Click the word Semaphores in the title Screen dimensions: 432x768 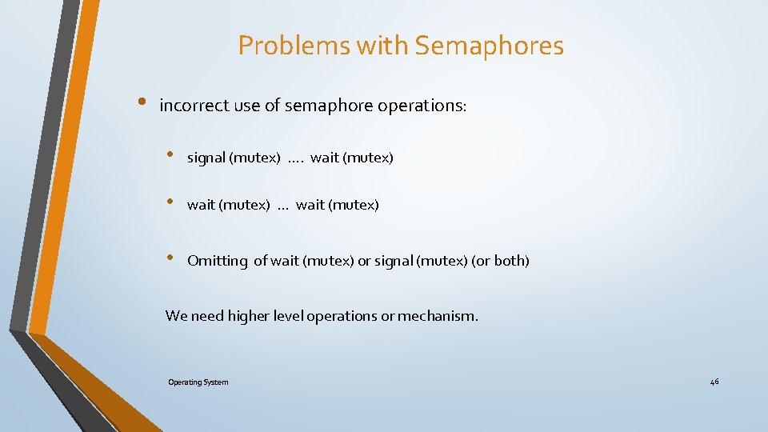[489, 46]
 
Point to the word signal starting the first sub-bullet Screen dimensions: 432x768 [206, 158]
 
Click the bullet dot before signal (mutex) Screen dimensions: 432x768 [170, 154]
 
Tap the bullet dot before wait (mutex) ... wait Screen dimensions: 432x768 [170, 202]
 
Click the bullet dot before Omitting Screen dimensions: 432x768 [170, 258]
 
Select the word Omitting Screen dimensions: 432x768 [218, 261]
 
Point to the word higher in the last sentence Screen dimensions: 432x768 [249, 316]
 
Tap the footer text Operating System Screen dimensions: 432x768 [198, 382]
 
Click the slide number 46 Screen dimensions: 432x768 [714, 382]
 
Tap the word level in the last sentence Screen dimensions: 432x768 [289, 316]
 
